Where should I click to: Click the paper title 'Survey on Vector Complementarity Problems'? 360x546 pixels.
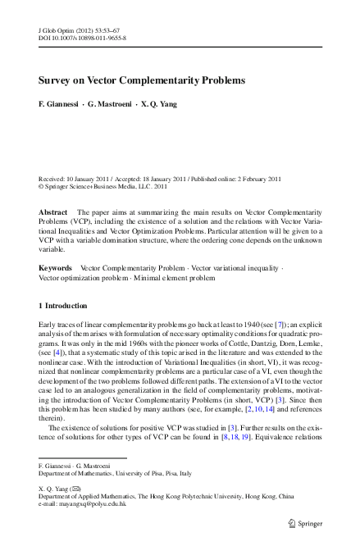click(143, 81)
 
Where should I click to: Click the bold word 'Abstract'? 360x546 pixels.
click(53, 212)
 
